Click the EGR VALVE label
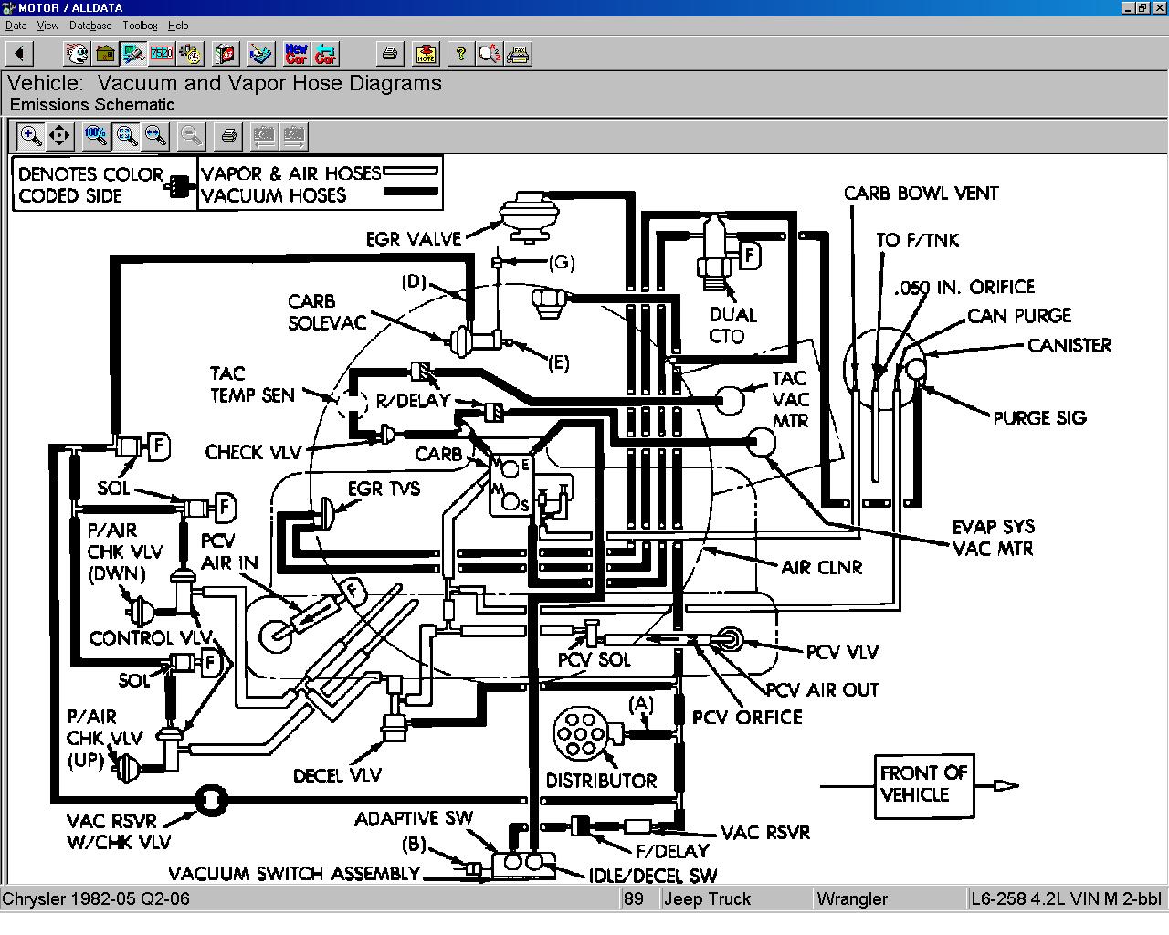[x=414, y=239]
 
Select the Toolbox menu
[x=140, y=26]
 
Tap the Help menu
[x=177, y=26]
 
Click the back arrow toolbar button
[x=19, y=53]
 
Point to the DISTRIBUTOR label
[x=601, y=781]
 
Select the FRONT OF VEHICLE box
[x=924, y=785]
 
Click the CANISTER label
[x=1069, y=345]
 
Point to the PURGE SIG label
[x=1039, y=418]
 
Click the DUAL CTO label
[x=732, y=325]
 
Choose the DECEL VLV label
[x=337, y=775]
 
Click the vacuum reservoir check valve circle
[x=211, y=800]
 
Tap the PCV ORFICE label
[x=747, y=718]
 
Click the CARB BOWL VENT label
[x=921, y=194]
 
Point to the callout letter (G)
[x=561, y=263]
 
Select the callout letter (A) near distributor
[x=640, y=705]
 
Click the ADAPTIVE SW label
[x=414, y=818]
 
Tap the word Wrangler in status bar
[x=852, y=899]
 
